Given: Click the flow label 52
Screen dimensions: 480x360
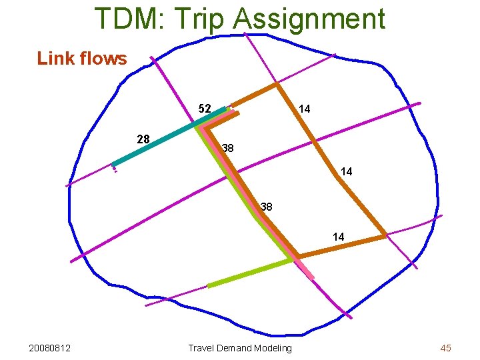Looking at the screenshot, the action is (205, 109).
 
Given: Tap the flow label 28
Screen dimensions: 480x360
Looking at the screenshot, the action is (143, 139).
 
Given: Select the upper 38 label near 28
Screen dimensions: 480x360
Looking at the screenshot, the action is (227, 148).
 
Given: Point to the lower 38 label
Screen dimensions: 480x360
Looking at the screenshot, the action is (266, 207).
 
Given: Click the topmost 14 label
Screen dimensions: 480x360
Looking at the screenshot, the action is (304, 109).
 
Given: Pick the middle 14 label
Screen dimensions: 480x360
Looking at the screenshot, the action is (346, 172).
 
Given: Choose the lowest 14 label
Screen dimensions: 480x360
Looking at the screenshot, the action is (338, 237).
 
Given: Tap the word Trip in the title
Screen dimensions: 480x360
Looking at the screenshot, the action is (205, 19).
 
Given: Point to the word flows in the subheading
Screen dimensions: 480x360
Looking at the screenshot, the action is (103, 59).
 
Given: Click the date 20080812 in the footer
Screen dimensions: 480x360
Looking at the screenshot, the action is (51, 348).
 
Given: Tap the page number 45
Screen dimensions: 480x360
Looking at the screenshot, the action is (445, 348).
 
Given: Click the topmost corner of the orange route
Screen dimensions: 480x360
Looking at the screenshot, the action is (276, 84).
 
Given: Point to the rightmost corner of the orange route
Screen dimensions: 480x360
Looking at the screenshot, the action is (385, 235).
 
